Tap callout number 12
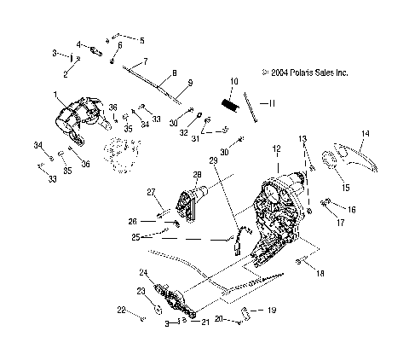(x=276, y=148)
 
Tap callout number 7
(x=145, y=61)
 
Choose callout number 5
(x=141, y=40)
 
